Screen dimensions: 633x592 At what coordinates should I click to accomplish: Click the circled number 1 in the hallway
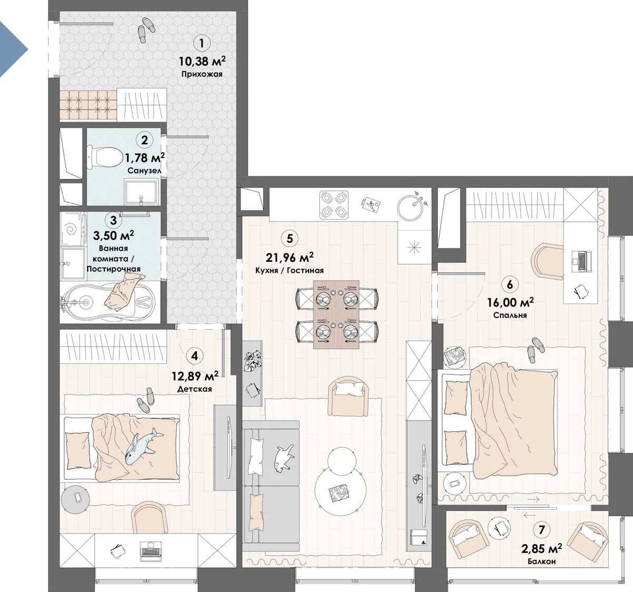coord(201,43)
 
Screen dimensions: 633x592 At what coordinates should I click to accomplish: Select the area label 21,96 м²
coord(290,257)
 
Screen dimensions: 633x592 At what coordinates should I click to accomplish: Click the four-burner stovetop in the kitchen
coord(334,205)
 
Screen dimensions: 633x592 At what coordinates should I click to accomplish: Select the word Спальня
coord(510,315)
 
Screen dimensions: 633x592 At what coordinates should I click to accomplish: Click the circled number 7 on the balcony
coord(542,529)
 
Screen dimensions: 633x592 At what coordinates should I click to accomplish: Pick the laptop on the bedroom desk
coord(582,261)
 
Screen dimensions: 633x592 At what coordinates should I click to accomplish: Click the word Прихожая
coord(202,74)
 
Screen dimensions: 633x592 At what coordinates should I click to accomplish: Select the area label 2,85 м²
coord(542,548)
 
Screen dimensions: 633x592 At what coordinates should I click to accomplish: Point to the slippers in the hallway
coord(146,29)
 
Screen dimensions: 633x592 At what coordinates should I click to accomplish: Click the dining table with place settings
coord(336,314)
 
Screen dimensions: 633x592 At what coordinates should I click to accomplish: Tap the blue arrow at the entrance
coord(12,49)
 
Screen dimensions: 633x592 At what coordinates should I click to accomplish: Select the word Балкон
coord(542,561)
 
